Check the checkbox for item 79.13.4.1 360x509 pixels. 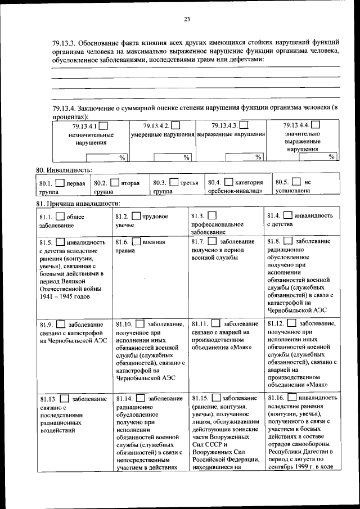tap(104, 126)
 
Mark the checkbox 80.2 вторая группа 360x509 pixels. tap(114, 182)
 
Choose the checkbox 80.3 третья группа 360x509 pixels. tap(174, 182)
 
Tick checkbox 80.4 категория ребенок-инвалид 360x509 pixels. tap(228, 182)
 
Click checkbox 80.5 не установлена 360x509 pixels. tap(296, 182)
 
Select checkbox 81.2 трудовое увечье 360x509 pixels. tap(136, 216)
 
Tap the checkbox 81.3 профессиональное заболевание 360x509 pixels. tap(211, 216)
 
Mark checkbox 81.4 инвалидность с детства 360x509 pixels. tap(287, 215)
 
